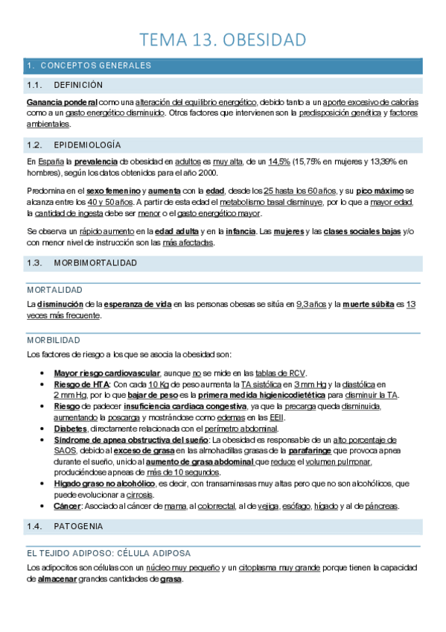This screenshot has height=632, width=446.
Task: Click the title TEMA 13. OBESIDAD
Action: pos(223,39)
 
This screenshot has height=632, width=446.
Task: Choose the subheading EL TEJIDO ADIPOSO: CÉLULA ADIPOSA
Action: pos(109,554)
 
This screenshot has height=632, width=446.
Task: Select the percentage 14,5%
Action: pos(279,161)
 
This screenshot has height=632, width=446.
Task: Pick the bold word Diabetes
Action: pos(71,429)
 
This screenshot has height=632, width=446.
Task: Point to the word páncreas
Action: pos(382,506)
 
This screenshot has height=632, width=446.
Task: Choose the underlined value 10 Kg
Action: pos(159,384)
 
